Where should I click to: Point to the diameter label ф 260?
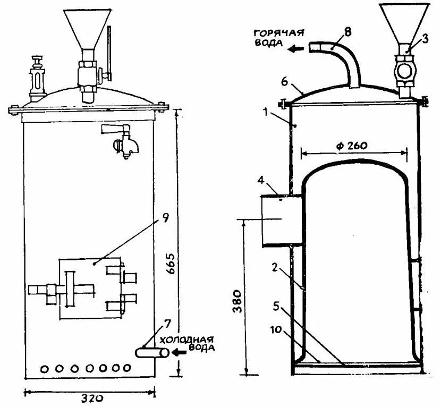(352, 146)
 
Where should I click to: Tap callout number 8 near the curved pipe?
(347, 31)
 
